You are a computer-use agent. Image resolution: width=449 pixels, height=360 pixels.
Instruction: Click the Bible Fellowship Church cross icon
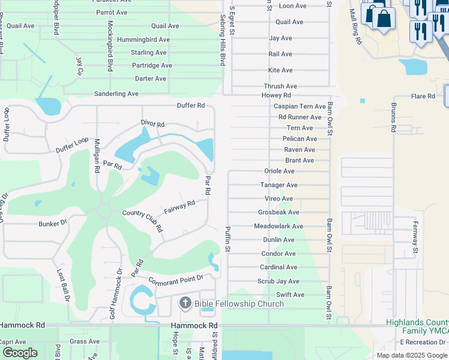pyautogui.click(x=185, y=303)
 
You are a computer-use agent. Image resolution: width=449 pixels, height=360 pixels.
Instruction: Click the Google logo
pyautogui.click(x=20, y=353)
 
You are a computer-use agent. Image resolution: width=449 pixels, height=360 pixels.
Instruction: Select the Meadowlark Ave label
pyautogui.click(x=279, y=226)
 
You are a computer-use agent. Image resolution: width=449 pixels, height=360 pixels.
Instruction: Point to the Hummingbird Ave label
pyautogui.click(x=143, y=40)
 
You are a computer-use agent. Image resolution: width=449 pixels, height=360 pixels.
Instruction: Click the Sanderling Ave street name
pyautogui.click(x=116, y=94)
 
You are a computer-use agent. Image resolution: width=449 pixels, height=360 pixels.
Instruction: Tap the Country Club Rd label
pyautogui.click(x=143, y=220)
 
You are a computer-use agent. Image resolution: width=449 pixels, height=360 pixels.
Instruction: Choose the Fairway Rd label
pyautogui.click(x=179, y=208)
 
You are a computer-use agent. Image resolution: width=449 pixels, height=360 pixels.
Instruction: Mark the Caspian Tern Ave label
pyautogui.click(x=300, y=106)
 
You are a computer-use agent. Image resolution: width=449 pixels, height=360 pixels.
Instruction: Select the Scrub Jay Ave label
pyautogui.click(x=279, y=281)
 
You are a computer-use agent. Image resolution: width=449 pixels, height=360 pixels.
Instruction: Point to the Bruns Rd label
pyautogui.click(x=394, y=120)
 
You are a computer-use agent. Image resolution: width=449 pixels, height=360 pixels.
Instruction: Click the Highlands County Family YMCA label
pyautogui.click(x=417, y=326)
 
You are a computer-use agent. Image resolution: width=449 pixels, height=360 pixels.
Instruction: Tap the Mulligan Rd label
pyautogui.click(x=97, y=155)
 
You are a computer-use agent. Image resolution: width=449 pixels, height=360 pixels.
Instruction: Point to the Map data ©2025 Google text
pyautogui.click(x=411, y=355)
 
